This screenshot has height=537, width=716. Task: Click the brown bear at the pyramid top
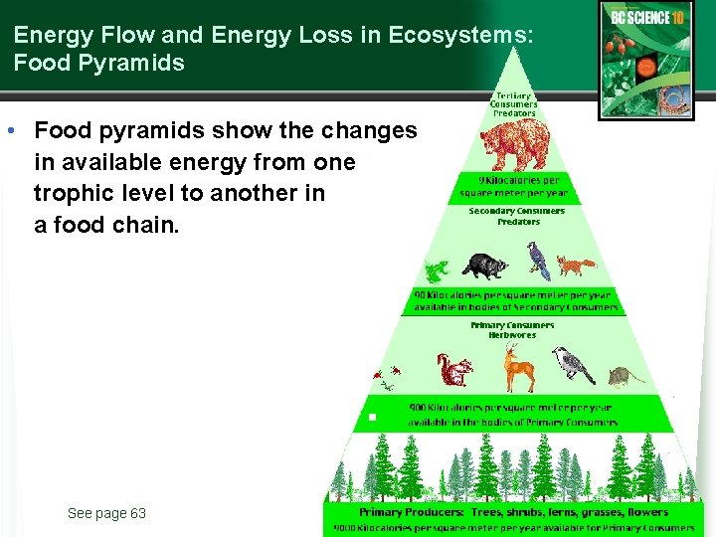514,146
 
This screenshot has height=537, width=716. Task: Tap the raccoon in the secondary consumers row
484,266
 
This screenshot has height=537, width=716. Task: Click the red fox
575,266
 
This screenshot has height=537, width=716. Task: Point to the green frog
435,269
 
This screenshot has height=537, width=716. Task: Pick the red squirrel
455,371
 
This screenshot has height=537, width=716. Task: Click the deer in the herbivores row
517,369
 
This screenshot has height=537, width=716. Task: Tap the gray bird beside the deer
573,365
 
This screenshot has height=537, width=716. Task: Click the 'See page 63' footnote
106,513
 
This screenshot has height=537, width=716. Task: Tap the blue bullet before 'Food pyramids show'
9,131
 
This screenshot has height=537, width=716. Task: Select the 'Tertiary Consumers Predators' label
514,104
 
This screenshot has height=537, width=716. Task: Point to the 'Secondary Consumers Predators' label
516,216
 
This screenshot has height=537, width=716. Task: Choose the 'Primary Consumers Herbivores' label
512,330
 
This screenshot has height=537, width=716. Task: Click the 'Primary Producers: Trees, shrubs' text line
513,512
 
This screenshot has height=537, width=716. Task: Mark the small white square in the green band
371,416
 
